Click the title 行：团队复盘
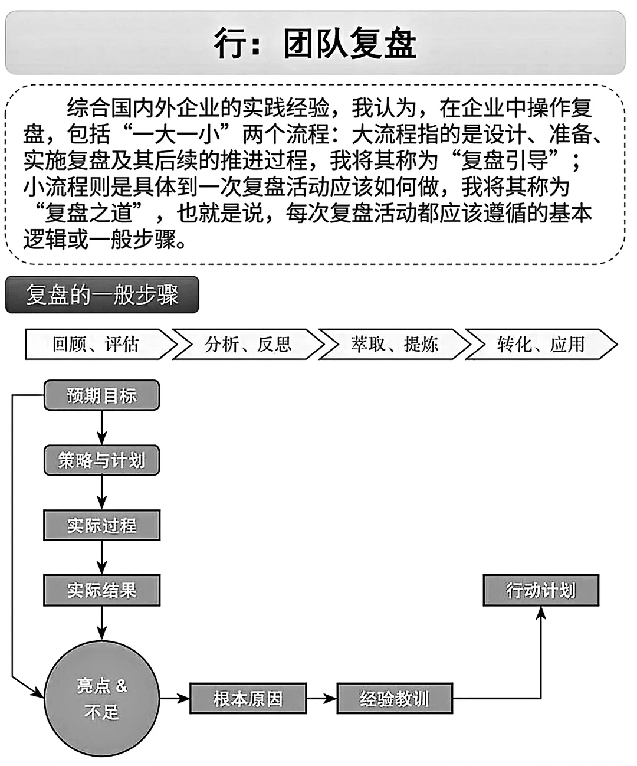tap(315, 43)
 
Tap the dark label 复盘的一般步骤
tap(102, 294)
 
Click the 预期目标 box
tap(101, 395)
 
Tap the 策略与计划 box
tap(101, 460)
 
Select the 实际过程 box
tap(101, 525)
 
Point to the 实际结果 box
tap(101, 590)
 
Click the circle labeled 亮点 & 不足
tap(101, 699)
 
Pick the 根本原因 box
tap(248, 699)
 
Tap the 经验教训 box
tap(394, 699)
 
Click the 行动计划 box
tap(540, 590)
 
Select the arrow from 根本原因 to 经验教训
tap(321, 699)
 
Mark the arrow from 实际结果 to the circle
tap(101, 623)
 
